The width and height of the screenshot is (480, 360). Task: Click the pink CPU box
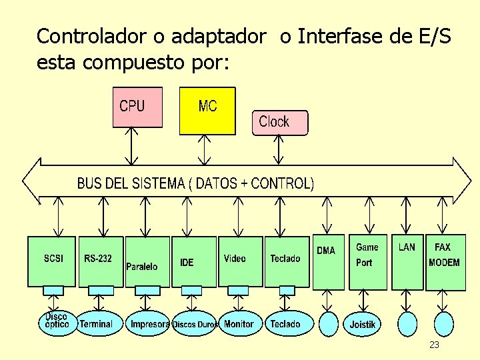click(x=137, y=107)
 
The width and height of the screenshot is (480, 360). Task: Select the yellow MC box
click(x=207, y=111)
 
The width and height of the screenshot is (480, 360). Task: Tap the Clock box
click(x=280, y=123)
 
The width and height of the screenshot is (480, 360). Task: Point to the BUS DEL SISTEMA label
click(x=195, y=183)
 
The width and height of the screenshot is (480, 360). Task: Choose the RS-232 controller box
click(x=101, y=261)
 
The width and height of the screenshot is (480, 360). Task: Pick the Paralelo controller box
click(x=147, y=261)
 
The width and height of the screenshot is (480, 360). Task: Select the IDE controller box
click(x=194, y=261)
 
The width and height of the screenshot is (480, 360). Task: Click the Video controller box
click(x=240, y=261)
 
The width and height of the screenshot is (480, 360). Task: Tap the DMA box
click(x=329, y=261)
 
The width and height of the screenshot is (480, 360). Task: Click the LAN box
click(x=407, y=261)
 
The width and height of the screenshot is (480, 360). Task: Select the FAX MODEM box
click(x=445, y=261)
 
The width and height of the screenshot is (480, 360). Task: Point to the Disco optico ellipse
click(x=56, y=323)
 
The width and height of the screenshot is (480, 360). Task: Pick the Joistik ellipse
click(x=363, y=325)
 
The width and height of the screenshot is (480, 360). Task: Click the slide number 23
click(x=434, y=345)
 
